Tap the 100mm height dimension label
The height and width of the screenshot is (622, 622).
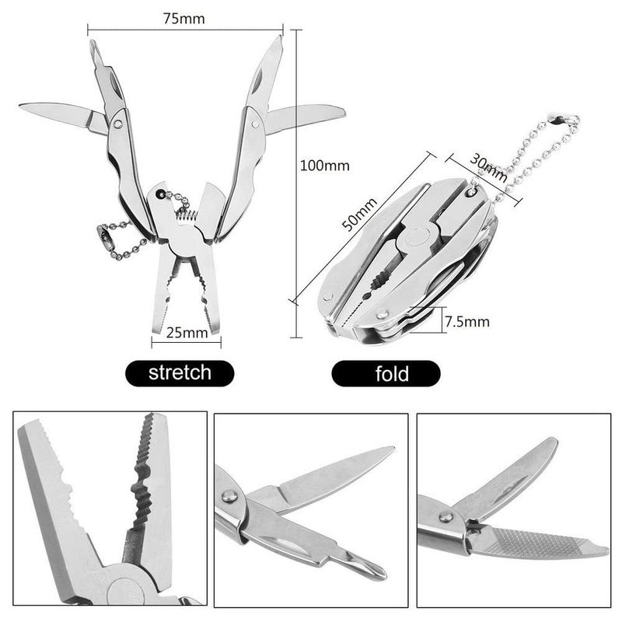pyautogui.click(x=325, y=165)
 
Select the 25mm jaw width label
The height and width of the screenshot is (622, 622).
pyautogui.click(x=187, y=334)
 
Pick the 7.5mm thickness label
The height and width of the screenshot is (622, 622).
pyautogui.click(x=467, y=321)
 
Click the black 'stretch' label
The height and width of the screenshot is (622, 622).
pyautogui.click(x=180, y=372)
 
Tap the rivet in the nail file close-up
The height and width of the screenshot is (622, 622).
pyautogui.click(x=446, y=516)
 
